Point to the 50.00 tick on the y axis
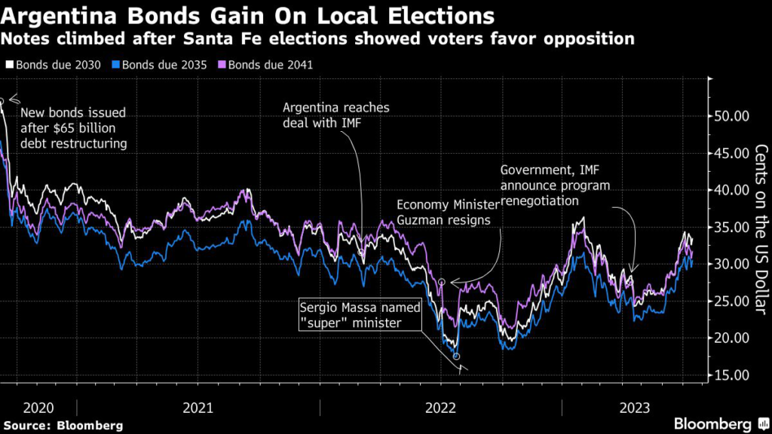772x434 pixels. (731, 116)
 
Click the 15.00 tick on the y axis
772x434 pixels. (731, 375)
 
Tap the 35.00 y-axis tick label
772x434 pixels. (731, 227)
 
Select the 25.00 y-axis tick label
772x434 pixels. (731, 301)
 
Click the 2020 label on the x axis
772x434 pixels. (38, 408)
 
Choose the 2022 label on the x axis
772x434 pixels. (440, 408)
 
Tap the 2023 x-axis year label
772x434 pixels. (635, 408)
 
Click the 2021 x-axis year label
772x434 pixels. (198, 408)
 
